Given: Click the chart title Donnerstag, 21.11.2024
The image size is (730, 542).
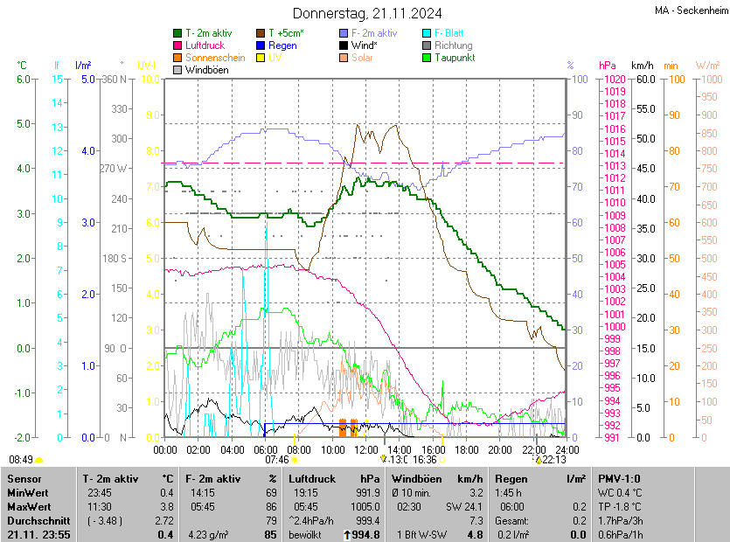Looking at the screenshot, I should [367, 13].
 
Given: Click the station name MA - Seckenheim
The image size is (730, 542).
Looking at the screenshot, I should [691, 10].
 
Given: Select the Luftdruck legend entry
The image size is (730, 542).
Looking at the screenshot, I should [205, 45].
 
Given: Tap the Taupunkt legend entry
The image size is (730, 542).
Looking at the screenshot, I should [454, 58].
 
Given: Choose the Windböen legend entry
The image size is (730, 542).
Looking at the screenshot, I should [206, 70].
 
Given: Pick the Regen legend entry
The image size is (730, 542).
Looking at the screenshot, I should [282, 45].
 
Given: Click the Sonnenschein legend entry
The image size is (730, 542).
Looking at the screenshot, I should [215, 58].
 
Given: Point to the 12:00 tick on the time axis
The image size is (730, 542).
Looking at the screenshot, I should [366, 449].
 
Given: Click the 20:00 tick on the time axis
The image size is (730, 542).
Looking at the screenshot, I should [499, 449].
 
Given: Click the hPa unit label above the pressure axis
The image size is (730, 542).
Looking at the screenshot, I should [608, 66].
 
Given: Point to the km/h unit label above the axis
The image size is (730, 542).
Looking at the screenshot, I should [642, 66].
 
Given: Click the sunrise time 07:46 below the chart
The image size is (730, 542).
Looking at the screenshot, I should [277, 459].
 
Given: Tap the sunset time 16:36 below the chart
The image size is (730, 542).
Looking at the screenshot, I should [425, 459].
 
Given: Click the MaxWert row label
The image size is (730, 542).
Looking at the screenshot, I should [30, 506].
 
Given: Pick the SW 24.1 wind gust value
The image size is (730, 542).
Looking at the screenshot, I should [464, 506].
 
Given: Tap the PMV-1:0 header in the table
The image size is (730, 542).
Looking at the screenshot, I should [619, 479].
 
